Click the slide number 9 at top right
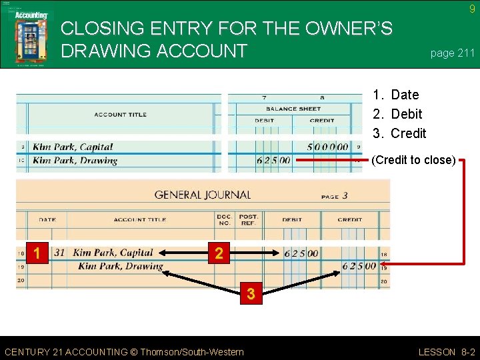[x=472, y=9]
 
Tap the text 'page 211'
[x=453, y=53]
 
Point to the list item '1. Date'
[x=396, y=95]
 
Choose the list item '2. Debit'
[x=397, y=114]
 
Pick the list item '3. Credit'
[x=399, y=133]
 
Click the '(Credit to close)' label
[x=413, y=160]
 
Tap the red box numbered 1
[x=38, y=253]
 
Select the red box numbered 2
[x=219, y=253]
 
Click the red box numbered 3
[x=251, y=293]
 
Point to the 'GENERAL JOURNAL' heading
[x=203, y=195]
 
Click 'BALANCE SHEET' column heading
[x=293, y=109]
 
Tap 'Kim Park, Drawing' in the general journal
[x=120, y=267]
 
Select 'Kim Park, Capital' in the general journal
[x=113, y=253]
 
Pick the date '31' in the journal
[x=59, y=253]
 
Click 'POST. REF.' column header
[x=249, y=219]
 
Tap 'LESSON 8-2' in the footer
[x=446, y=352]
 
